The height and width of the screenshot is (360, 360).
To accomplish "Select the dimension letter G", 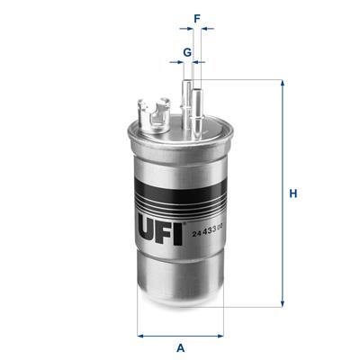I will pos(186,51).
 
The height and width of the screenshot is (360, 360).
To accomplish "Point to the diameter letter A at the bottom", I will pos(181,347).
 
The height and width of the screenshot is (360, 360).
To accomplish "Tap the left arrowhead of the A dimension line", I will pos(140,335).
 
